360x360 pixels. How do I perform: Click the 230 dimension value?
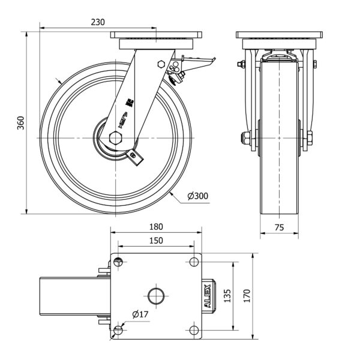(98, 22)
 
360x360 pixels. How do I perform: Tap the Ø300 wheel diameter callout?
(198, 196)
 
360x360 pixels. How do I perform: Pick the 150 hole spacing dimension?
(156, 240)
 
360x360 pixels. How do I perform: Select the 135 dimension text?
(227, 295)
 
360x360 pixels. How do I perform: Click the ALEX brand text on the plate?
(207, 295)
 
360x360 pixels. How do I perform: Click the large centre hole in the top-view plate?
(156, 295)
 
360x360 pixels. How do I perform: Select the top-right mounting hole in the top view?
(194, 261)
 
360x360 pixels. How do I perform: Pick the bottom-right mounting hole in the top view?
(194, 329)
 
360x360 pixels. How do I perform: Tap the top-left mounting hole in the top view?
(118, 261)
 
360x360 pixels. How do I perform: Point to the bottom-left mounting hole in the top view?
(118, 329)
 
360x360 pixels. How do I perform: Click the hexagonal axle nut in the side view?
(116, 137)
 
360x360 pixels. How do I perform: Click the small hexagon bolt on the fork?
(160, 64)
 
